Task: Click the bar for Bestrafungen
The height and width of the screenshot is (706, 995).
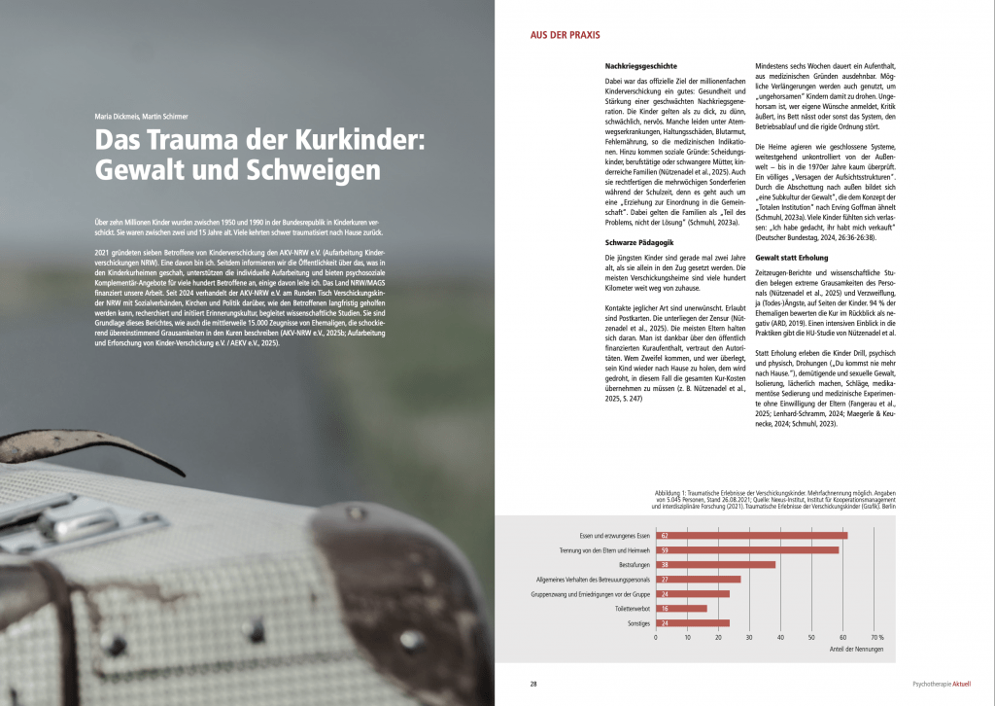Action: click(x=715, y=564)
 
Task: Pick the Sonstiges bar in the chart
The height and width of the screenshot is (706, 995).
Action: click(x=693, y=622)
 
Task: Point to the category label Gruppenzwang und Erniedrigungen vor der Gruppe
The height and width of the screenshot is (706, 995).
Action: click(x=592, y=593)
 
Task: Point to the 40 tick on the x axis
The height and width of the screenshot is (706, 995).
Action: click(x=781, y=638)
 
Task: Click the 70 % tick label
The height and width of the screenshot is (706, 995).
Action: click(x=877, y=638)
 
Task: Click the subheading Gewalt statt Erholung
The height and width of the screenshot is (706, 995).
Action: click(x=794, y=257)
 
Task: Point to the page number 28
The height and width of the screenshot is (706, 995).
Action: click(x=533, y=684)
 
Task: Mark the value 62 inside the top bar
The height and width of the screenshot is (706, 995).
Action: click(x=664, y=535)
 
